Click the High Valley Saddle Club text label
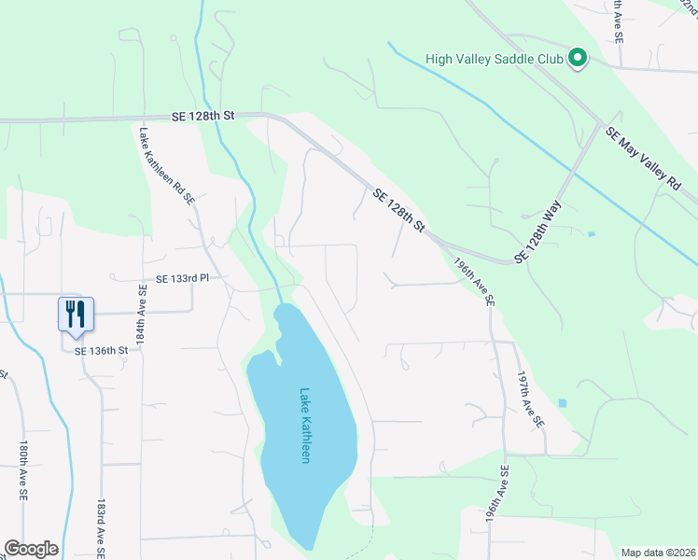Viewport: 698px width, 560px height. click(x=495, y=59)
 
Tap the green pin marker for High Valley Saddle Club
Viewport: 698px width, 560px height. click(x=578, y=59)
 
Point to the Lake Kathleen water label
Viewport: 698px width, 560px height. click(x=304, y=426)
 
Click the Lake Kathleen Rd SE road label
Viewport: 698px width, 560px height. click(x=167, y=166)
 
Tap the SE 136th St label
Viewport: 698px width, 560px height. click(x=101, y=350)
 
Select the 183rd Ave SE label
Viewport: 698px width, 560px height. click(x=100, y=527)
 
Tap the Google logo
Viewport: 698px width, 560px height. click(x=31, y=549)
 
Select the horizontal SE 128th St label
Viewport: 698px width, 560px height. click(x=203, y=115)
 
